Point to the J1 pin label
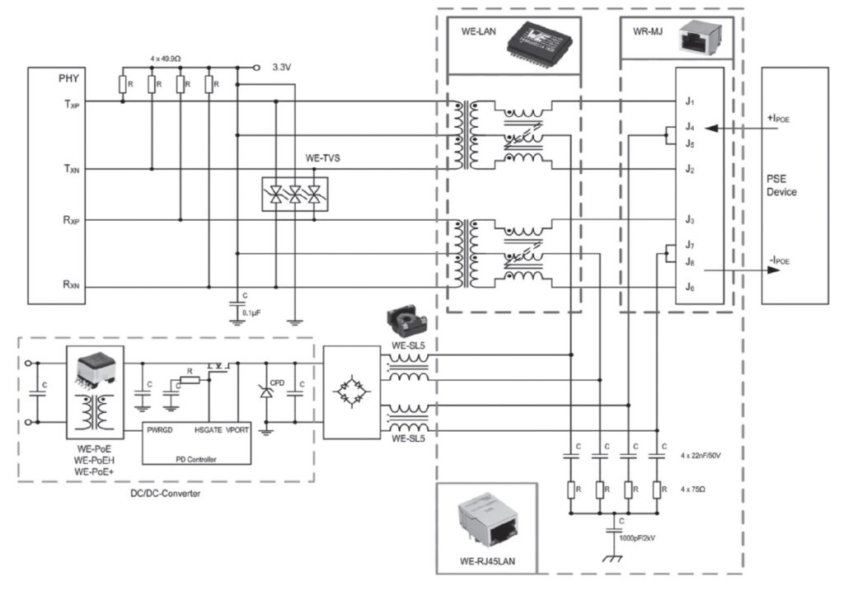pyautogui.click(x=690, y=101)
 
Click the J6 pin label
pyautogui.click(x=690, y=287)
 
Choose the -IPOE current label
pyautogui.click(x=779, y=260)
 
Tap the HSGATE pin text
pyautogui.click(x=209, y=429)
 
